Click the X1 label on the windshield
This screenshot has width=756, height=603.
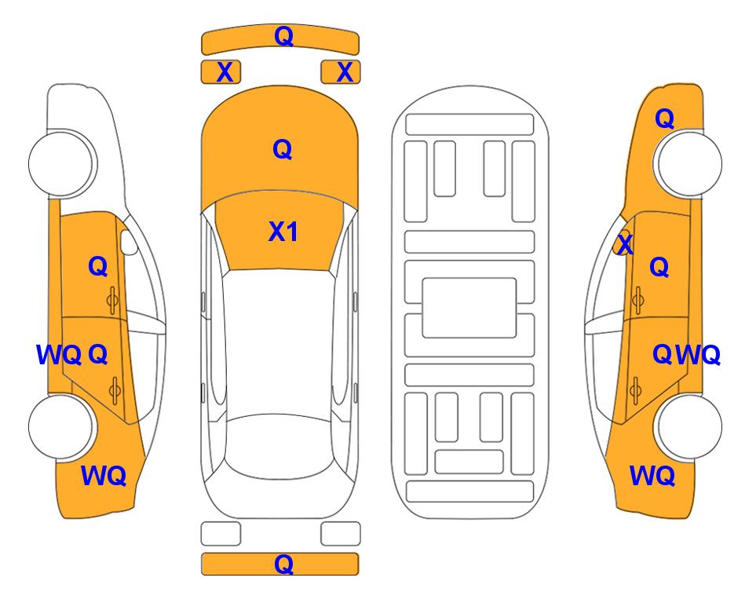[283, 232]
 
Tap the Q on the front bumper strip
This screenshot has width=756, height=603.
[283, 35]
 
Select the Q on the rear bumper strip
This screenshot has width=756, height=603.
[283, 564]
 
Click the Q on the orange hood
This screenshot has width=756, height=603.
[283, 149]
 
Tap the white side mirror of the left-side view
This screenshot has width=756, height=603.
[128, 242]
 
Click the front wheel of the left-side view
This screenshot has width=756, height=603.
[60, 163]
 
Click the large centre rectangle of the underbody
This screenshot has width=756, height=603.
[469, 308]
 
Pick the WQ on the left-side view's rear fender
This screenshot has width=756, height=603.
[104, 476]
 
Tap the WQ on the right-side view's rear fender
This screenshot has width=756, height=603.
[652, 476]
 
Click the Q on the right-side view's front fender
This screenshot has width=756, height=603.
[664, 119]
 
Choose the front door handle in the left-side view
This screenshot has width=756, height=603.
[112, 300]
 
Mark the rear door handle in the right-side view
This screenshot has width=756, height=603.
[636, 389]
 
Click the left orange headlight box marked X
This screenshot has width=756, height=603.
[221, 72]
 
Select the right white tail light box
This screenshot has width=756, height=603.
[341, 534]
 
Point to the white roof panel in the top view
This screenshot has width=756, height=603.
[278, 347]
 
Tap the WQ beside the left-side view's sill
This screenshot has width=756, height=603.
[59, 355]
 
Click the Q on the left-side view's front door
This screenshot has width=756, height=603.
[98, 266]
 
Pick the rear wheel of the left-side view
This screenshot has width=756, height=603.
[60, 426]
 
